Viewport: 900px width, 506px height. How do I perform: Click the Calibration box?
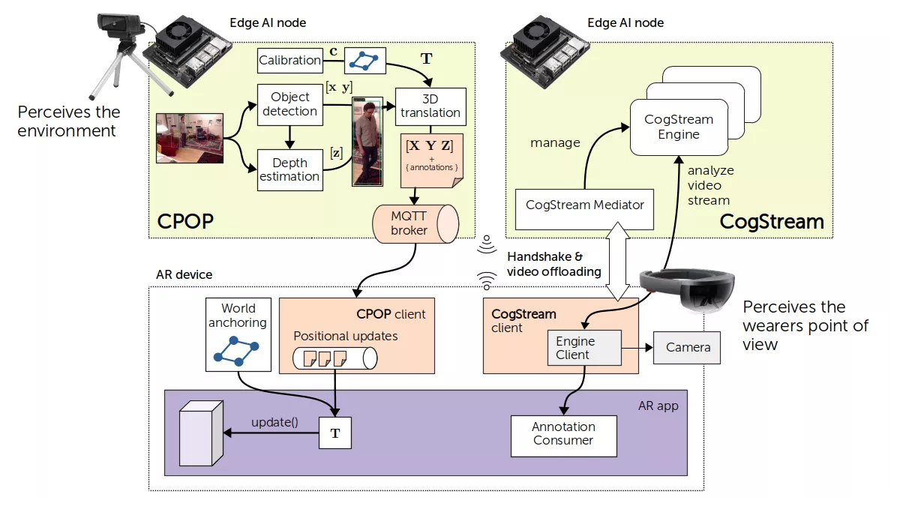(289, 60)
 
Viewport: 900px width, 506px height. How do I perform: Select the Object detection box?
(289, 104)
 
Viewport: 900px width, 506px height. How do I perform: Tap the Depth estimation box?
(289, 169)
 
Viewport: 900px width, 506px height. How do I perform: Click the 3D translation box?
(430, 106)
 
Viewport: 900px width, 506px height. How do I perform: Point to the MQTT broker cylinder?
(415, 223)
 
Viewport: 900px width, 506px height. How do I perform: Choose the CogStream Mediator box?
(584, 205)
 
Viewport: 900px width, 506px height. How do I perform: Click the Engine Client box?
(584, 348)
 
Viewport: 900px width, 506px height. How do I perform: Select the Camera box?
(687, 347)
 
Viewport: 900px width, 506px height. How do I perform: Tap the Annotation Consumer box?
(563, 433)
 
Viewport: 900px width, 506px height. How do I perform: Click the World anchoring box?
(238, 335)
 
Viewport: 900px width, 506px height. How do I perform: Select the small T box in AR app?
(334, 434)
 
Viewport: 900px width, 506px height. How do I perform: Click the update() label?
(274, 422)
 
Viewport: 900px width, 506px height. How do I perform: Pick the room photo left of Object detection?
(190, 137)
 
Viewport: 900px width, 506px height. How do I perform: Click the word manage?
(555, 142)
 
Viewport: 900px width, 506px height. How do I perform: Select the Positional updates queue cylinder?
(334, 358)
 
